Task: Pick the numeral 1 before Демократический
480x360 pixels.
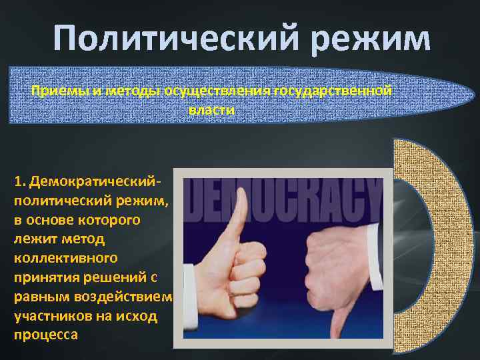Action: tap(17, 181)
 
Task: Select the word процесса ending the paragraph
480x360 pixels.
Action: tap(45, 335)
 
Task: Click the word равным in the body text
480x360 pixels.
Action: tap(39, 296)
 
